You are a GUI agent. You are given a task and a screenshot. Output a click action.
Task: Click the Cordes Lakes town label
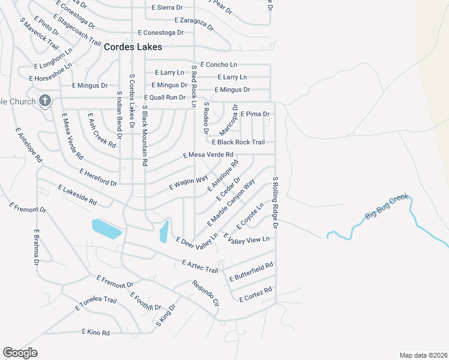pos(133,47)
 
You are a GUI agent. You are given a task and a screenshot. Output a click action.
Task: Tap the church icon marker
pos(45,101)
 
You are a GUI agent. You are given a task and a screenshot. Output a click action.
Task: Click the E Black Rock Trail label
pos(238,142)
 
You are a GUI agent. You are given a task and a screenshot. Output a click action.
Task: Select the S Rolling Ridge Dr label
pos(276,202)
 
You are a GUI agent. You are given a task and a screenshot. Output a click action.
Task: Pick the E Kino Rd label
pos(96,332)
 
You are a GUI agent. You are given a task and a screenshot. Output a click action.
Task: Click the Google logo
pos(20,353)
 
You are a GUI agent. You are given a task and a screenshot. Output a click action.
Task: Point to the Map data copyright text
pos(423,355)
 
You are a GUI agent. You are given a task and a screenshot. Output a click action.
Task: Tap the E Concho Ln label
pos(219,64)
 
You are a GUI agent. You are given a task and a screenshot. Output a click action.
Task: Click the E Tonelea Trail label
pos(96,304)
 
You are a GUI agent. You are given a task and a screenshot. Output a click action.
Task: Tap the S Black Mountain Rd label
pos(145,135)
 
